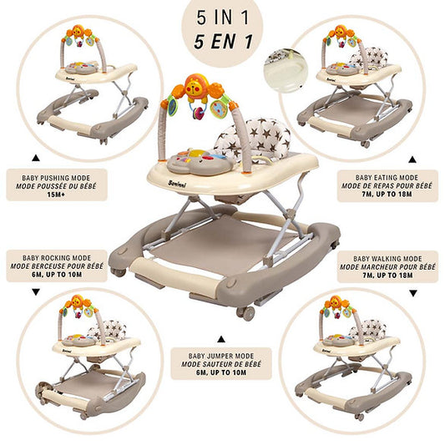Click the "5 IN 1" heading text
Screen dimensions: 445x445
click(x=222, y=18)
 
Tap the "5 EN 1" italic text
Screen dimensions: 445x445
click(x=223, y=41)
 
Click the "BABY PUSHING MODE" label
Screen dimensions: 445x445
click(x=56, y=178)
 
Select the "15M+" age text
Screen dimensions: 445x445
click(x=56, y=195)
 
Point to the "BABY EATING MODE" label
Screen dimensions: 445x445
click(x=387, y=178)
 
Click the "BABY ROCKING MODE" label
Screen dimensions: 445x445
click(x=57, y=258)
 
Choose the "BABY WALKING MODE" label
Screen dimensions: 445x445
click(x=387, y=259)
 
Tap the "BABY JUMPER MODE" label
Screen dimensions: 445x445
click(x=221, y=356)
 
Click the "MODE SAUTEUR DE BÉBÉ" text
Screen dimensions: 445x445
click(x=221, y=364)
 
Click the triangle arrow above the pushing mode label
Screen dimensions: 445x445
click(x=36, y=158)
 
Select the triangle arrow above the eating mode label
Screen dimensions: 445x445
click(x=412, y=159)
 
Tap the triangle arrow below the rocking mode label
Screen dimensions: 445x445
click(x=36, y=292)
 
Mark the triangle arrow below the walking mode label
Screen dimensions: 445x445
click(x=413, y=293)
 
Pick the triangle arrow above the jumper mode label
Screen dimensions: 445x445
click(x=221, y=339)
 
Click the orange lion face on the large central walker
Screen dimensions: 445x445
click(x=196, y=86)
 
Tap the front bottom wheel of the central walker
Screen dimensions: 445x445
click(x=246, y=313)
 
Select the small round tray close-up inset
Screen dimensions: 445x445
click(x=286, y=71)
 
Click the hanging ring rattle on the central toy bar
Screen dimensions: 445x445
click(x=198, y=111)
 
